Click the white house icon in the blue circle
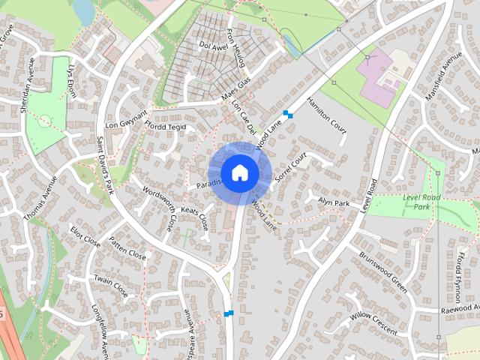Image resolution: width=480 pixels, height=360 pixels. (x=239, y=172)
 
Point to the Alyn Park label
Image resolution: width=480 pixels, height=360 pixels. (x=334, y=202)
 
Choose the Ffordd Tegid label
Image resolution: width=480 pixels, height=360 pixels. (x=166, y=127)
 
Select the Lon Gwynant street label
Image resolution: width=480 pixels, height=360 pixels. (x=123, y=123)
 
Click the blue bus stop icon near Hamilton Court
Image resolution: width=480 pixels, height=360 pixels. (x=287, y=115)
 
